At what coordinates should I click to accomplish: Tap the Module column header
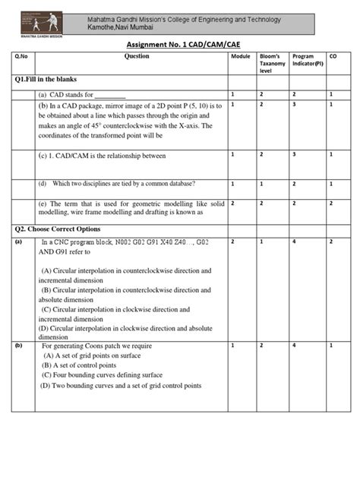[240, 57]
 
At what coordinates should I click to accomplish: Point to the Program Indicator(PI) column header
[308, 60]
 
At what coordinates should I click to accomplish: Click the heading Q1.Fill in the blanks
[46, 79]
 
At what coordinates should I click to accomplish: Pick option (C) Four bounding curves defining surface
[102, 375]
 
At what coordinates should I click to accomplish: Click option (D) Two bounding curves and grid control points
[122, 386]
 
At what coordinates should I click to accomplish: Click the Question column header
[137, 57]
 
